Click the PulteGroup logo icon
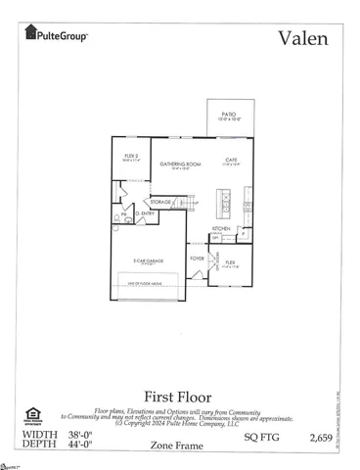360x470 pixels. pos(29,36)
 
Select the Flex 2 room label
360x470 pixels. pos(130,156)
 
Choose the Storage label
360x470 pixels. pos(160,202)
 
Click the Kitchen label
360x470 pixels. pos(222,230)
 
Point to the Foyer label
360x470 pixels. pos(198,258)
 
